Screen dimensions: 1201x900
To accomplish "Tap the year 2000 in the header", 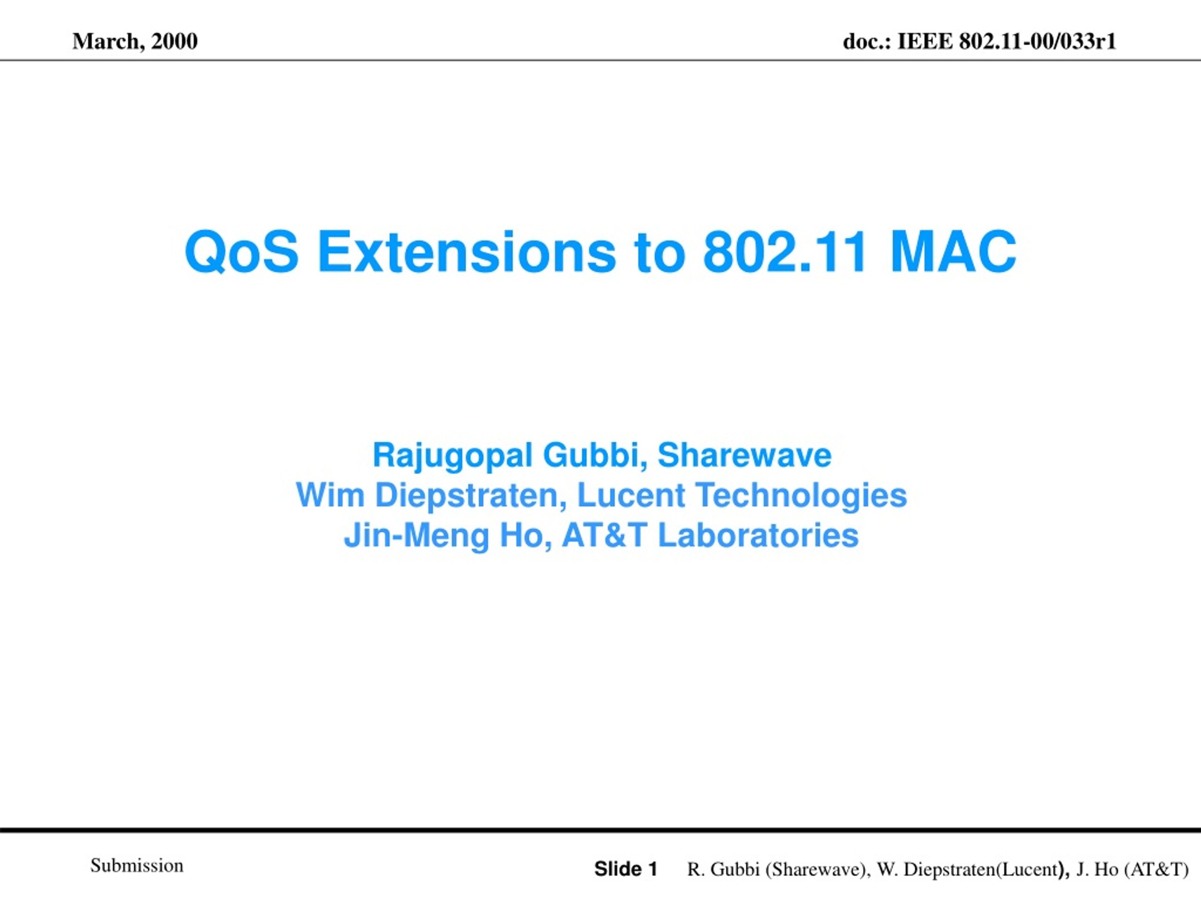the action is point(175,41).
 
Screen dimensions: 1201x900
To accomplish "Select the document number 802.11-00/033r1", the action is point(1038,41).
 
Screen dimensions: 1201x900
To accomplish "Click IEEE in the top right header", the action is point(925,41).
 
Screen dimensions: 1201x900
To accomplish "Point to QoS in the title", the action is point(242,252).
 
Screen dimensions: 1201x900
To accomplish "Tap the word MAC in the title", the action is point(953,252).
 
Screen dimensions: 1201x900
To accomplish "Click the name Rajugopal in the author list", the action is point(452,456).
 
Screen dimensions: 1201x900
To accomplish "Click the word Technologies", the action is point(801,496).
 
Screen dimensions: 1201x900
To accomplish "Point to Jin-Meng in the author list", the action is point(417,536).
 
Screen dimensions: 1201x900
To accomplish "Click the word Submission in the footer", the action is point(137,865).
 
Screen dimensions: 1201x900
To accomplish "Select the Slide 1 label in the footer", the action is point(625,869).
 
